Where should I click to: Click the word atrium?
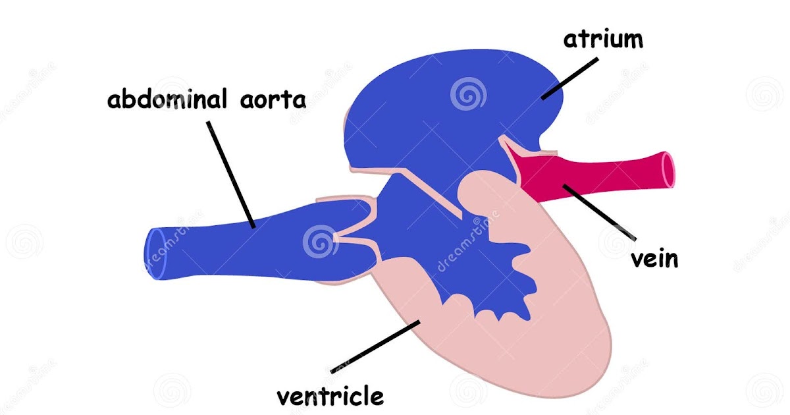point(602,40)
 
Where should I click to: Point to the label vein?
point(654,258)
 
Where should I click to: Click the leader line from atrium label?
point(569,78)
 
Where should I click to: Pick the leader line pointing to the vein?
point(599,212)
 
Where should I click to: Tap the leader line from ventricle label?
point(375,346)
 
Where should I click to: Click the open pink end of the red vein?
point(668,169)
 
